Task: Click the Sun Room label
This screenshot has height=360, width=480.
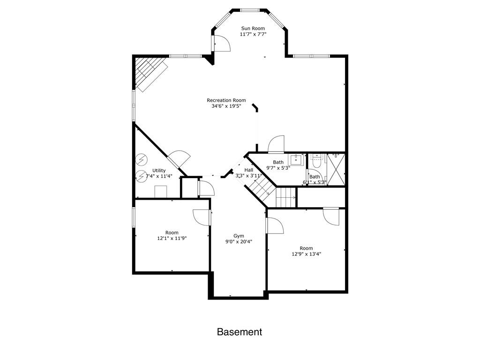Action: (x=253, y=28)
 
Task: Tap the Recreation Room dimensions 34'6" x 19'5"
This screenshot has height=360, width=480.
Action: (x=226, y=106)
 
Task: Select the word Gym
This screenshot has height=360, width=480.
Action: (x=239, y=236)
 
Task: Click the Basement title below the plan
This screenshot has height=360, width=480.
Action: (x=239, y=332)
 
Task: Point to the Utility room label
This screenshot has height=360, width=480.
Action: (x=159, y=171)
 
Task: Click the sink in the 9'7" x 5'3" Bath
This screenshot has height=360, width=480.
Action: (x=296, y=159)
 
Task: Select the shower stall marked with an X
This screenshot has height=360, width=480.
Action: (x=336, y=170)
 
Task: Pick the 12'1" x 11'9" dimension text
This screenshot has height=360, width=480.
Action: (x=172, y=239)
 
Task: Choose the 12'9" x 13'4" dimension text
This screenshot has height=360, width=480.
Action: (x=306, y=254)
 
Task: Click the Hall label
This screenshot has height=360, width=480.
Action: (x=248, y=170)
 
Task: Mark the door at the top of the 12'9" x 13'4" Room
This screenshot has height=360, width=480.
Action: (x=331, y=216)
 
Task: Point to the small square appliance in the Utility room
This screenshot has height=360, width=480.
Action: (x=160, y=192)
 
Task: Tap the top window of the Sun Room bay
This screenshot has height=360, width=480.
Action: (x=250, y=9)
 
